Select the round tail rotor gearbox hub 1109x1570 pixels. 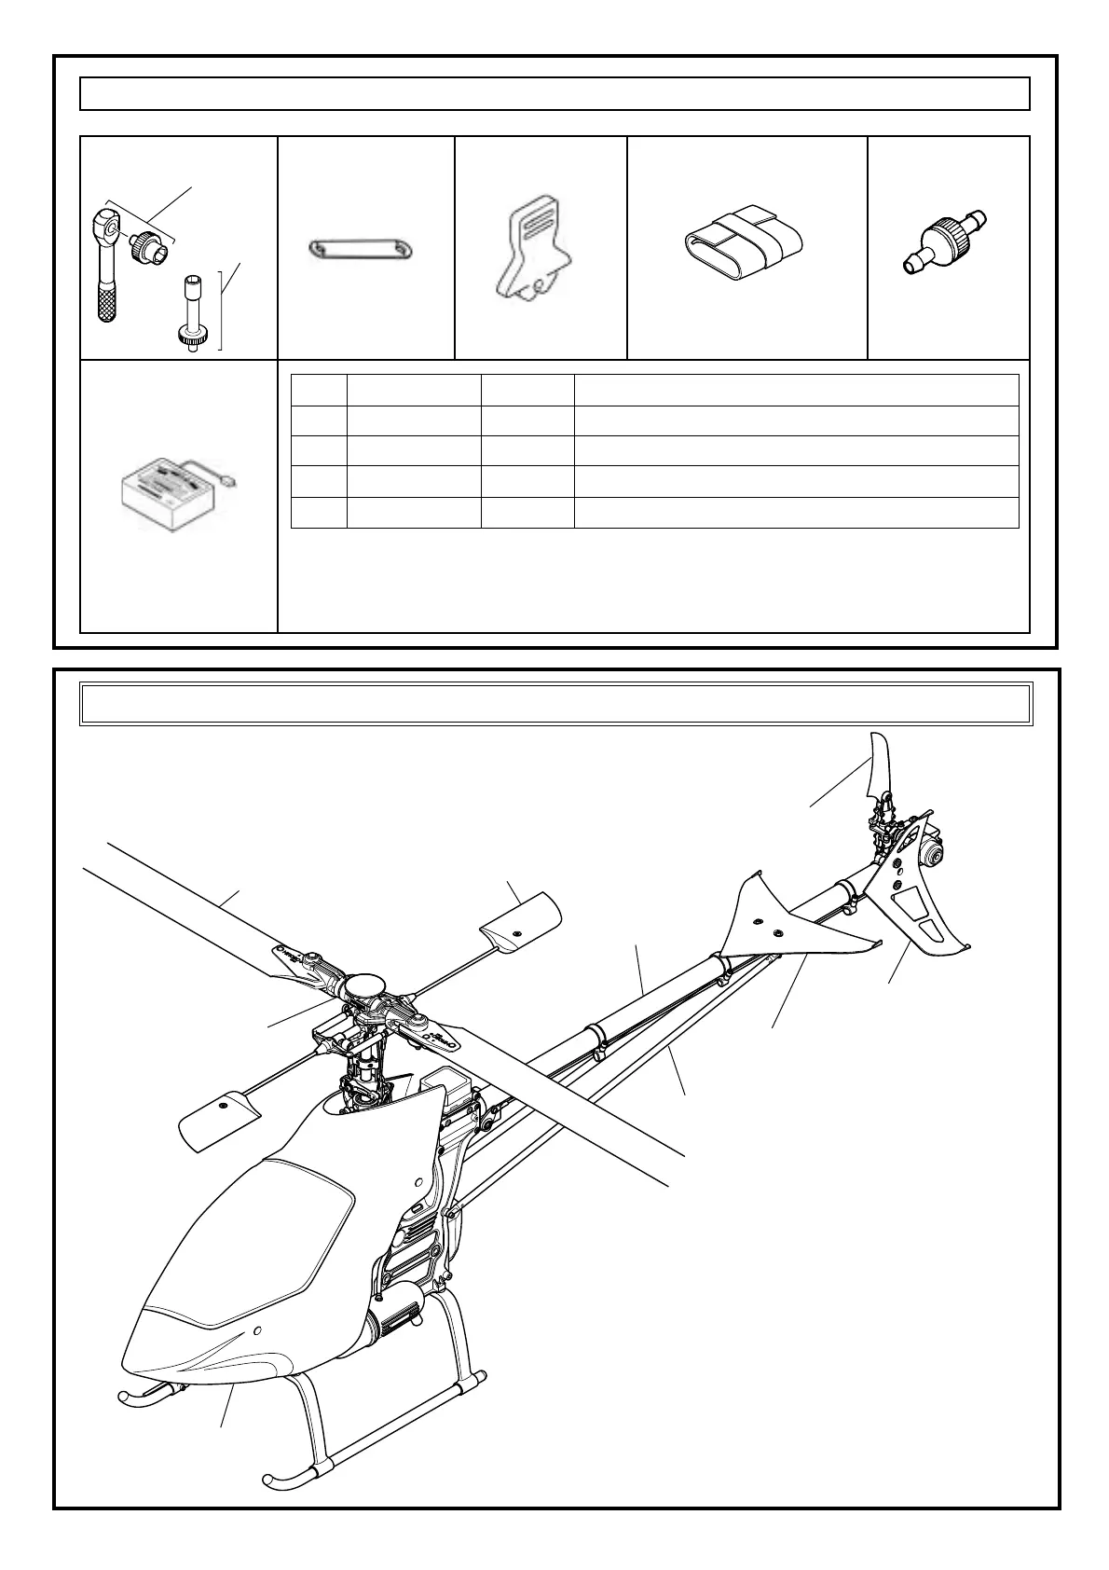click(931, 850)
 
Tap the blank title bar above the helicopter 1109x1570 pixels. click(555, 703)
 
